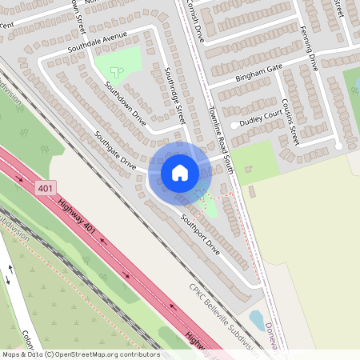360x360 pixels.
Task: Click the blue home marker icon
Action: pyautogui.click(x=179, y=172)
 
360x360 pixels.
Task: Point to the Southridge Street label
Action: pyautogui.click(x=174, y=95)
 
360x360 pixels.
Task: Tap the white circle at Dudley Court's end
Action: pyautogui.click(x=234, y=126)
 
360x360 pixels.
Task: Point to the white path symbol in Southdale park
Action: pyautogui.click(x=117, y=70)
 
